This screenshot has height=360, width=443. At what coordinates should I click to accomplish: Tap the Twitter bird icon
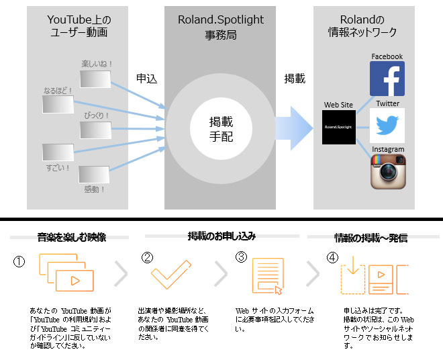387,126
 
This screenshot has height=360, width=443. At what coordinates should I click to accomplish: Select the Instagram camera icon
389,171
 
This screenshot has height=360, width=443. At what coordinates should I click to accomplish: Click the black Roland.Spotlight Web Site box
339,127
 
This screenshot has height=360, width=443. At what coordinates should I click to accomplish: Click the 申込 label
146,79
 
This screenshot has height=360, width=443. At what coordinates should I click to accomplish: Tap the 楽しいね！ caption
97,64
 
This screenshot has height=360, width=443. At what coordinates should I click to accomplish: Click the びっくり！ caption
97,115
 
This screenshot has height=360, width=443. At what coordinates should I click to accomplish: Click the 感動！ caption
97,189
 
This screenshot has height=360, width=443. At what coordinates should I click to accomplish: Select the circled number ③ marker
242,257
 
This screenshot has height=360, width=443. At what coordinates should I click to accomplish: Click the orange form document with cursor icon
268,275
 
